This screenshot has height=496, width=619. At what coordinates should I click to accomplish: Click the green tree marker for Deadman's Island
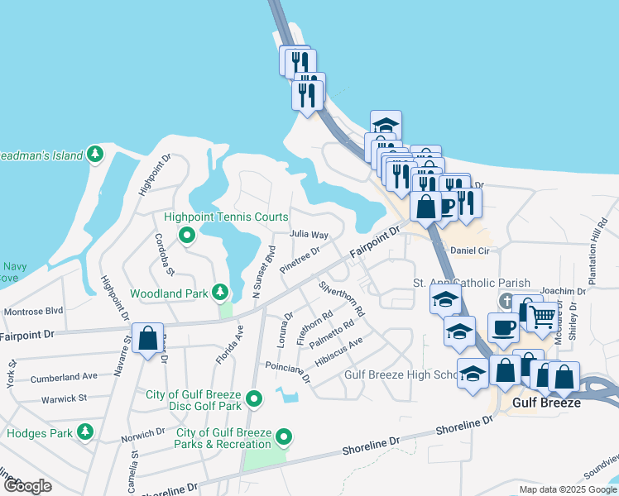click(96, 155)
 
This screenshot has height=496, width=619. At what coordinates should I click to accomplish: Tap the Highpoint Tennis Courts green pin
click(187, 236)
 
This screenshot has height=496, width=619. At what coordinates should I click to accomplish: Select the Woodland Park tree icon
click(219, 292)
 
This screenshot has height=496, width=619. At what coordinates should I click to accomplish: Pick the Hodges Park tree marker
click(84, 432)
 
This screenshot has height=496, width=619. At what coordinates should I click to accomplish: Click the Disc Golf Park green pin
click(255, 400)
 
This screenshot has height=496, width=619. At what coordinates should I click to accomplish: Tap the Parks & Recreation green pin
click(285, 435)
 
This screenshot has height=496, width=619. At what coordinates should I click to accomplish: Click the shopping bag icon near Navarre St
click(147, 338)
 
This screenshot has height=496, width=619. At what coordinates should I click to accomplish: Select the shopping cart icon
click(541, 316)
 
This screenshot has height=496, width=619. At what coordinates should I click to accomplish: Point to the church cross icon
click(506, 298)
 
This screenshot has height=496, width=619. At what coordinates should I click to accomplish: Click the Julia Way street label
click(309, 235)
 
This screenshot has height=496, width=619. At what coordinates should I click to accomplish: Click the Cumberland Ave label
click(64, 377)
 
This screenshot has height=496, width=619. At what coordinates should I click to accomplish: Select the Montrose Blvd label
click(33, 312)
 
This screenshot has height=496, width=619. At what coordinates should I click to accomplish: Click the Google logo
click(27, 486)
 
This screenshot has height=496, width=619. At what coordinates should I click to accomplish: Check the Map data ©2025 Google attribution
click(568, 489)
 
